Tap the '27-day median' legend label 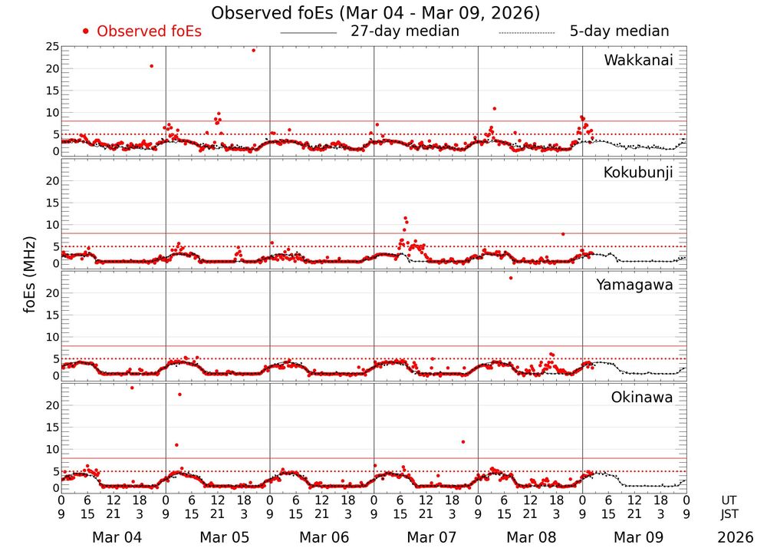[405, 31]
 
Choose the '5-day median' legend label [619, 31]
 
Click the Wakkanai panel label [638, 61]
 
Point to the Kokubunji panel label [638, 173]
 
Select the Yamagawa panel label [635, 285]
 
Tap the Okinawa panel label [642, 398]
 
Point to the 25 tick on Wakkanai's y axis [52, 47]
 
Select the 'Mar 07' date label [431, 537]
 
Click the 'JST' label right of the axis [734, 513]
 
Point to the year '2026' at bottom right [736, 537]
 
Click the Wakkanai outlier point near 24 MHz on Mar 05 [254, 50]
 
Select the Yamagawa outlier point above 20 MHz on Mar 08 [511, 278]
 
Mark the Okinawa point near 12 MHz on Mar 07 [463, 441]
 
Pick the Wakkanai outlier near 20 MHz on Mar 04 [151, 66]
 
